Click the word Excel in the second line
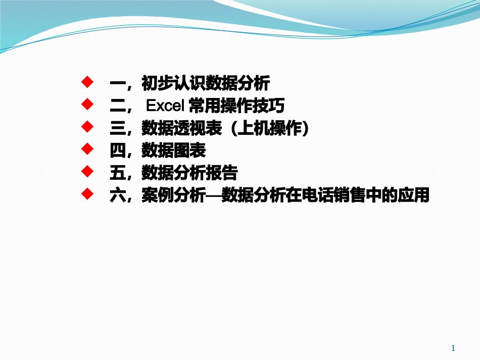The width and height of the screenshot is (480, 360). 165,106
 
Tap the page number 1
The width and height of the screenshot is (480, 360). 453,348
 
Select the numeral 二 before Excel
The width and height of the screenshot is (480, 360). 117,106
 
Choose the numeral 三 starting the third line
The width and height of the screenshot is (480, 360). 117,129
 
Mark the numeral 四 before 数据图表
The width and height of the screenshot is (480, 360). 117,151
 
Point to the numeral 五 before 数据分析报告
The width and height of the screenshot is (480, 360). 117,174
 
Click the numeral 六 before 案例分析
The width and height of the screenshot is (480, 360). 117,196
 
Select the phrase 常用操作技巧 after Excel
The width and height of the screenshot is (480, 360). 236,106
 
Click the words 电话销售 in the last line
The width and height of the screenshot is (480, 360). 332,196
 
